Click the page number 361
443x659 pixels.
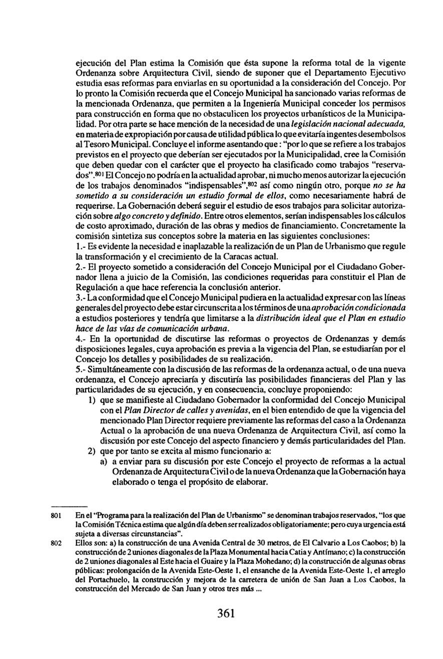[x=226, y=613]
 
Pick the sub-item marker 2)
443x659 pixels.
[x=92, y=450]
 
